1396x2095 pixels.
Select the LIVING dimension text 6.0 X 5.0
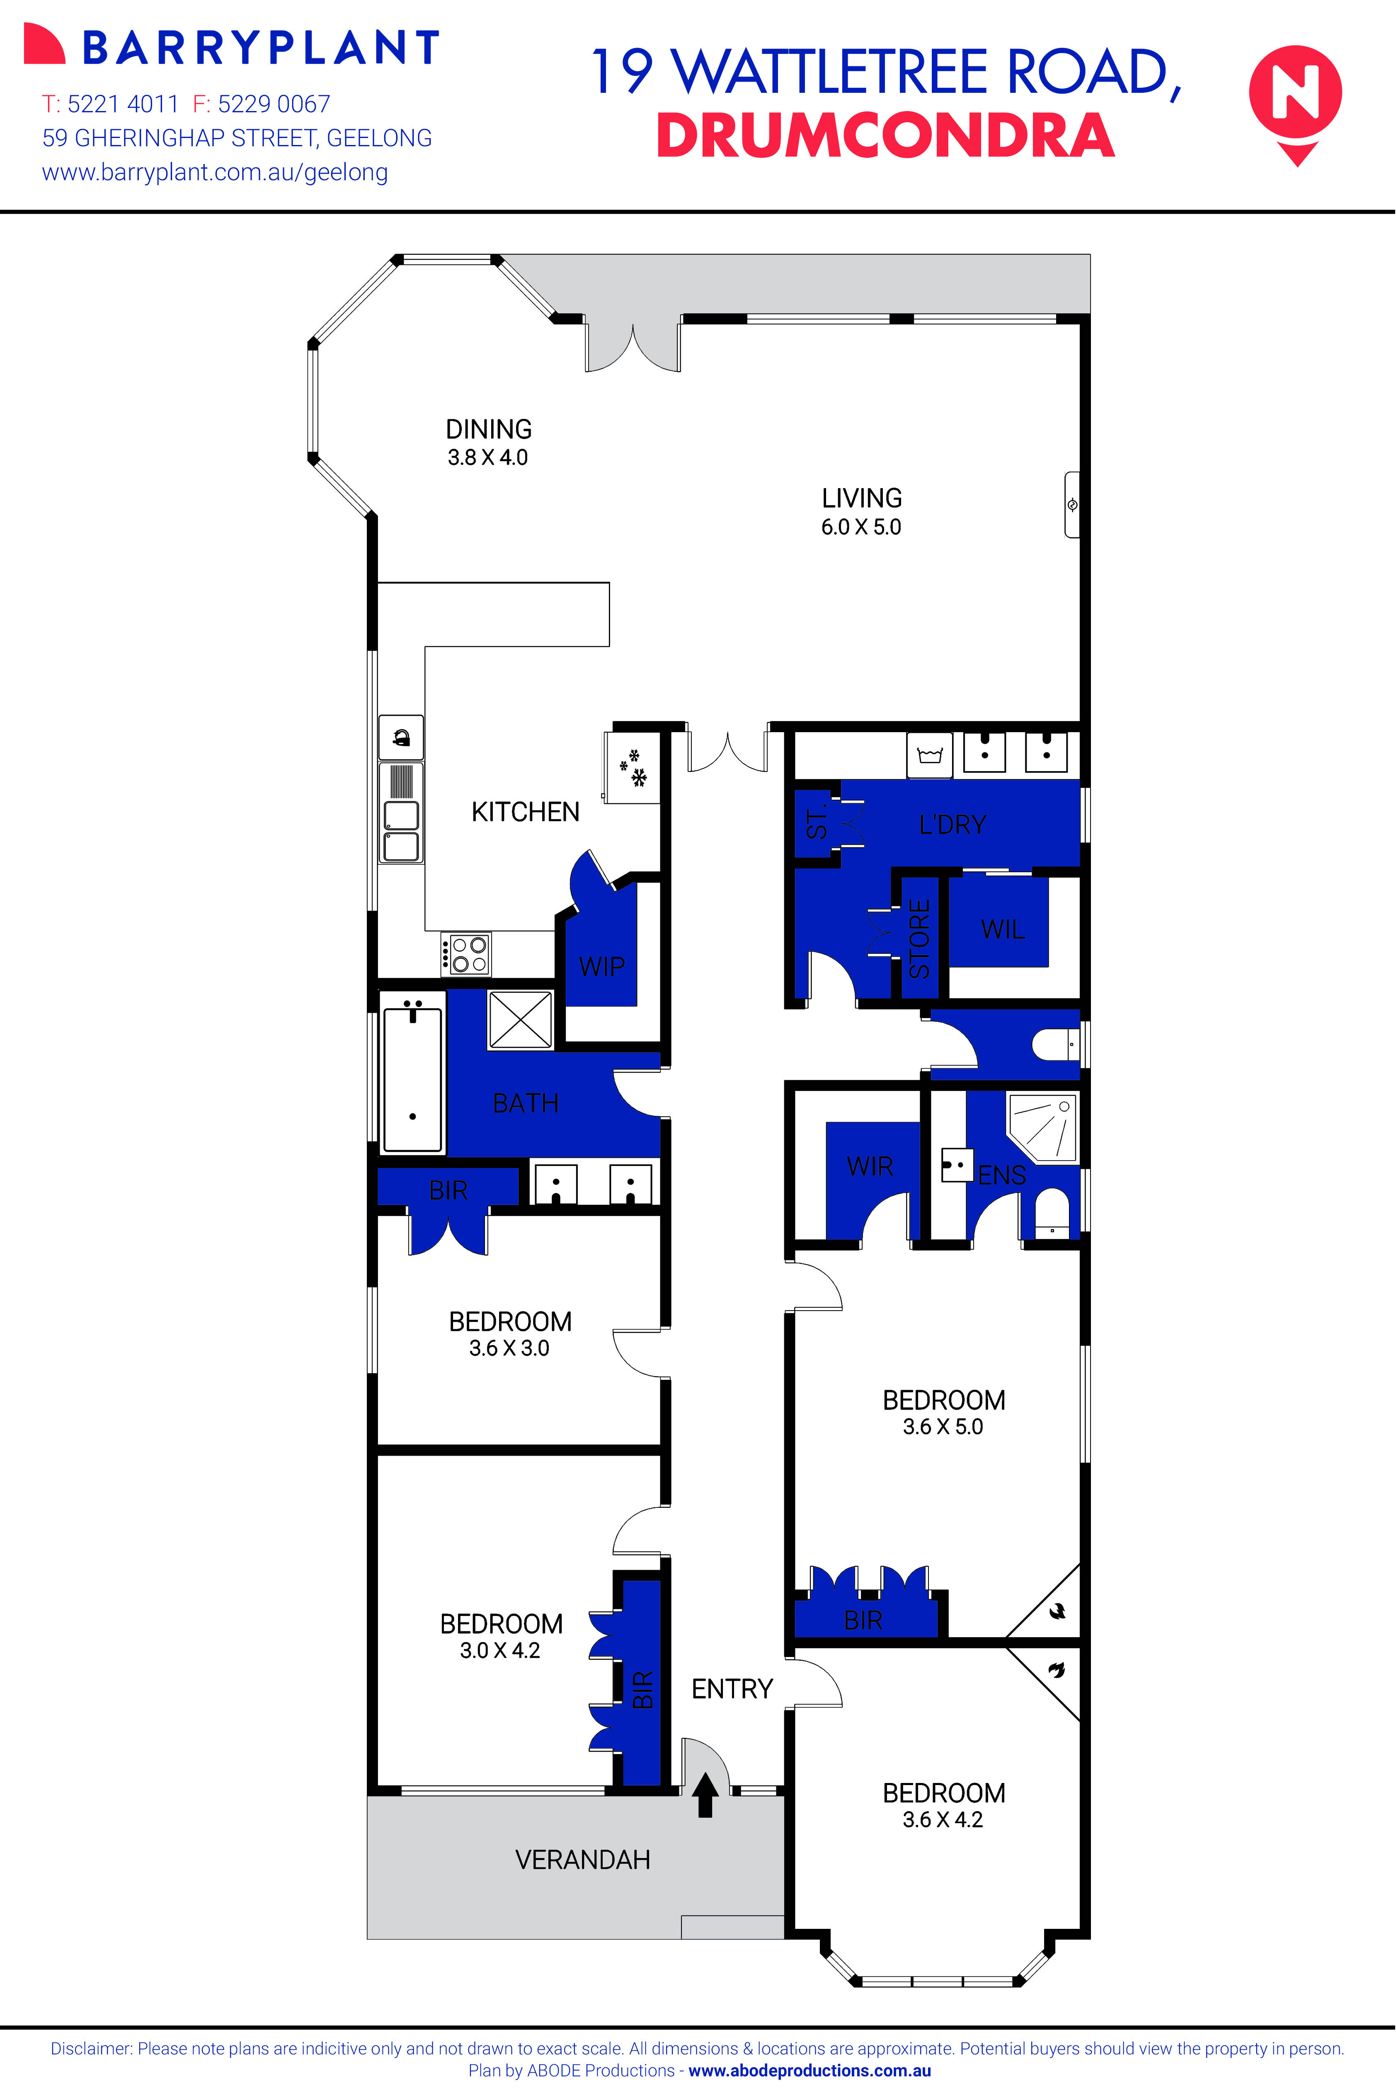[861, 527]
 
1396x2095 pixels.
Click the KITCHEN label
[525, 812]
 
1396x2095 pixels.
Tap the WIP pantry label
[602, 967]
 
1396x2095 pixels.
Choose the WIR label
[870, 1166]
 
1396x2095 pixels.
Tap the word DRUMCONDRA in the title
[885, 136]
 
